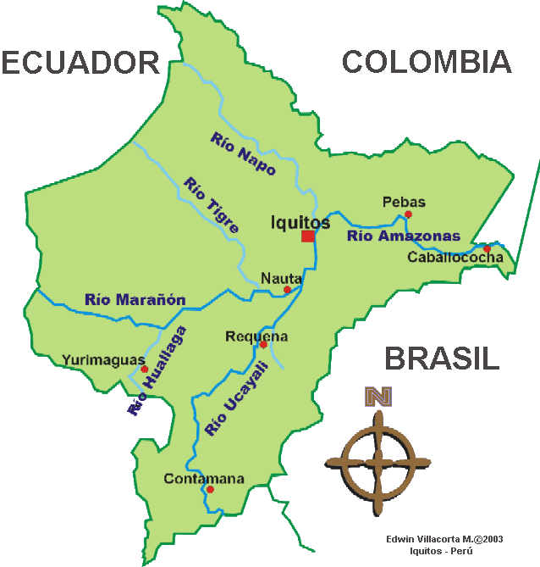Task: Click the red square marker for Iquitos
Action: (308, 236)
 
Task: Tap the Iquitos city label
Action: (300, 222)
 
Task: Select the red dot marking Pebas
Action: (408, 214)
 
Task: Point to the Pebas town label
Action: (404, 203)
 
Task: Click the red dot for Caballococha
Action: (487, 248)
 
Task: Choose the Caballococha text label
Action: (455, 258)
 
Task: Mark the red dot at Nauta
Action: (287, 290)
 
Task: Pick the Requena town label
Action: (256, 336)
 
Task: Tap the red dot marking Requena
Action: (263, 345)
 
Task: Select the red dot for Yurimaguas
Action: (145, 370)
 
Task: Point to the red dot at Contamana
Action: (210, 489)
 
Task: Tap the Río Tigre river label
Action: (211, 205)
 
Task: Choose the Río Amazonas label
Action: (404, 236)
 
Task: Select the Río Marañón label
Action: (135, 299)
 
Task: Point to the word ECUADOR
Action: (80, 62)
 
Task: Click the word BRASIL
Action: (442, 359)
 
